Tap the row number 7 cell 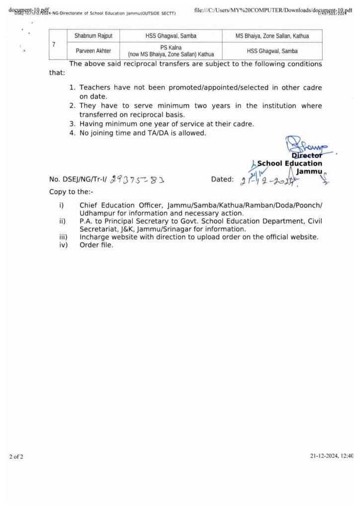point(53,44)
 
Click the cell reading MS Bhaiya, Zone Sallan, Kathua point(272,36)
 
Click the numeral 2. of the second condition point(73,106)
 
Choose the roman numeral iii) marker point(63,237)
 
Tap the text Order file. point(96,245)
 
